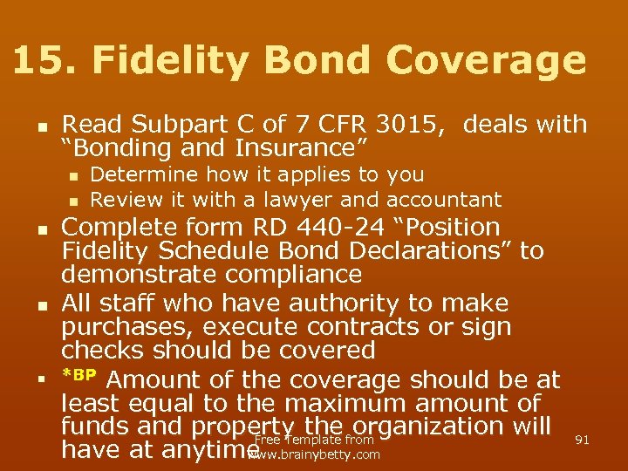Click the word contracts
[372, 327]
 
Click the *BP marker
[82, 376]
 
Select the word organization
[453, 427]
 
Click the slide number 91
[582, 440]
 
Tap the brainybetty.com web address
[316, 454]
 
